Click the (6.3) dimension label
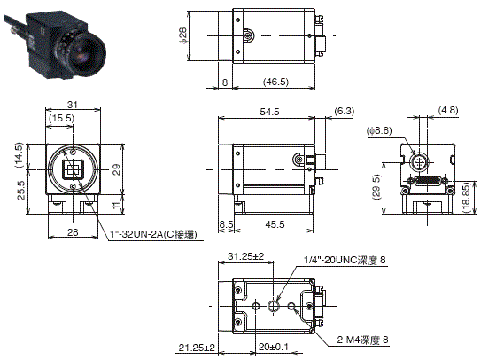pyautogui.click(x=344, y=111)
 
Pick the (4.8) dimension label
pyautogui.click(x=447, y=112)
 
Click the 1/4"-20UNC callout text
pyautogui.click(x=346, y=259)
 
